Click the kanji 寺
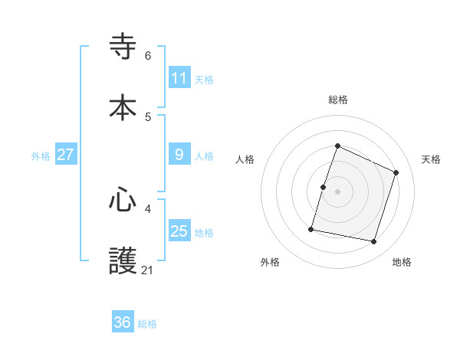coord(123,47)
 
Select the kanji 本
coord(123,108)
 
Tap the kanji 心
coord(123,201)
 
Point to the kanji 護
coord(123,261)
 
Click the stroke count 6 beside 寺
coord(148,56)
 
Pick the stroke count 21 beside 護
coord(148,270)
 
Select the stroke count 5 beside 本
coord(148,116)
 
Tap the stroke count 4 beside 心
coord(148,208)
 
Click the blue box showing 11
coord(179,78)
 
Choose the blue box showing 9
coord(179,155)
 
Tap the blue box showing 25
coord(179,231)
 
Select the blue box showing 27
coord(65,155)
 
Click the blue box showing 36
coord(123,322)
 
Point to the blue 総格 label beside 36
coord(147,324)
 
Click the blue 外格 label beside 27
coord(41,156)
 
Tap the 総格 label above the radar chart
coord(337,100)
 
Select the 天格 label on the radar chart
coord(431,159)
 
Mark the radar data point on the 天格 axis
coord(396,172)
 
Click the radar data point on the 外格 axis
coord(311,228)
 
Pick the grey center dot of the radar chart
coord(337,191)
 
